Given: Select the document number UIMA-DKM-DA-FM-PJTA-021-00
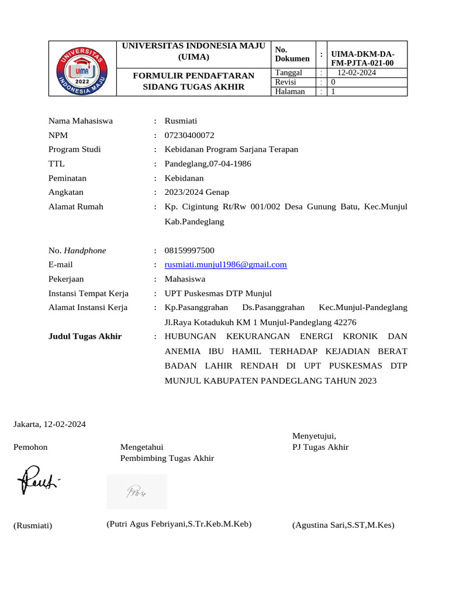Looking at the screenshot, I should tap(362, 58).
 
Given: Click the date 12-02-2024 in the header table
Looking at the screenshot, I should tap(357, 73).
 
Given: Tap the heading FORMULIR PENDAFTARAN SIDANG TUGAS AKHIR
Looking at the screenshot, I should tap(194, 81).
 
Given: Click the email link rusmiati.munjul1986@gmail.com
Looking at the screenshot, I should tap(226, 264).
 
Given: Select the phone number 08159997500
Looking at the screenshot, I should tap(189, 250).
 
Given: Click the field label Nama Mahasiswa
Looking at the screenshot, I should tap(81, 121).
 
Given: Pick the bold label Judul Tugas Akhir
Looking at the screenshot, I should tap(85, 336).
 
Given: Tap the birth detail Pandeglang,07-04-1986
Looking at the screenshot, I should tap(208, 164).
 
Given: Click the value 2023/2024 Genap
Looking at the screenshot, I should tap(196, 192).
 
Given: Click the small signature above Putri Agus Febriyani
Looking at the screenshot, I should tap(136, 492).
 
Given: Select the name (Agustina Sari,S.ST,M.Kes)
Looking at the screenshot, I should tap(343, 525).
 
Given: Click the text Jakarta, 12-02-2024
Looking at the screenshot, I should tap(50, 424).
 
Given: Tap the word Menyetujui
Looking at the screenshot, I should tap(314, 435).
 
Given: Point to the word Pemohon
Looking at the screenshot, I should tap(30, 447).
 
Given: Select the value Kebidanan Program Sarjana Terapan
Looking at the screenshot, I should tap(231, 149).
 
